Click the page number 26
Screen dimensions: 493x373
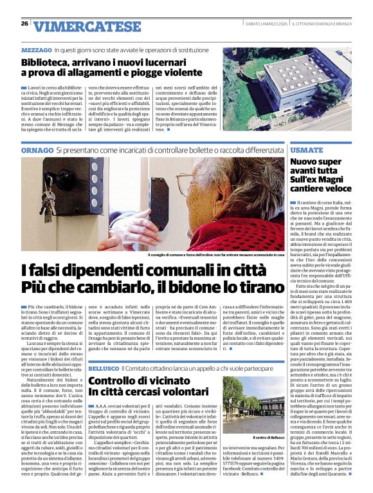tap(24, 24)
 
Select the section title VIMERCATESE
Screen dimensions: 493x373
tap(87, 26)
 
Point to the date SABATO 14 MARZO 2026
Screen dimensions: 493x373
tap(265, 24)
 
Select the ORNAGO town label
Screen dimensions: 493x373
tap(35, 149)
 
